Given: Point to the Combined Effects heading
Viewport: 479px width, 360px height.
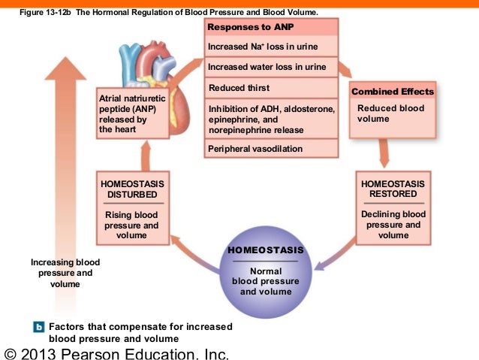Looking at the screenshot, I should pyautogui.click(x=393, y=92).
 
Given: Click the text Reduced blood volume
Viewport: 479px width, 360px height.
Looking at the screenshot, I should pyautogui.click(x=391, y=113).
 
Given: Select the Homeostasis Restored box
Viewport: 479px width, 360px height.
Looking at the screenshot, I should pyautogui.click(x=393, y=208).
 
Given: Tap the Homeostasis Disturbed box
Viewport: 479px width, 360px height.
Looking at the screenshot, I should pyautogui.click(x=131, y=208).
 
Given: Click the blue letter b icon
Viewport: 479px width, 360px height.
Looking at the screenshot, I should pyautogui.click(x=39, y=327).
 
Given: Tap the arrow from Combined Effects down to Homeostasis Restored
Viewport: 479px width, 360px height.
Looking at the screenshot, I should pyautogui.click(x=384, y=155).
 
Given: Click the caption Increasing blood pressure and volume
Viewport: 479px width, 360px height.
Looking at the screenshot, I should pyautogui.click(x=65, y=273).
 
